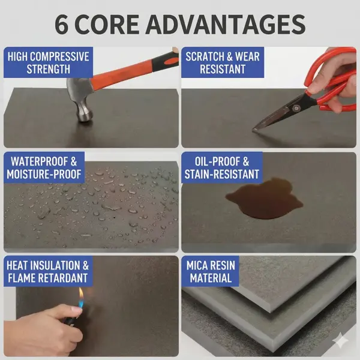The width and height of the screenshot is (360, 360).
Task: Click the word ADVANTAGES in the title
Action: point(225,24)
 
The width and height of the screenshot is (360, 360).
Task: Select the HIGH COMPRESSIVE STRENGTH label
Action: point(49,63)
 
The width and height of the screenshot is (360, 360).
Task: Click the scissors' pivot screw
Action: point(295,107)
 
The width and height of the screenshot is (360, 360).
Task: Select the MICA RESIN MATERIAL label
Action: point(211,271)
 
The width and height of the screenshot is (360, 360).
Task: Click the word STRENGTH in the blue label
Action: point(49,70)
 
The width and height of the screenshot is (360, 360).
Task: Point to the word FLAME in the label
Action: point(24,278)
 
